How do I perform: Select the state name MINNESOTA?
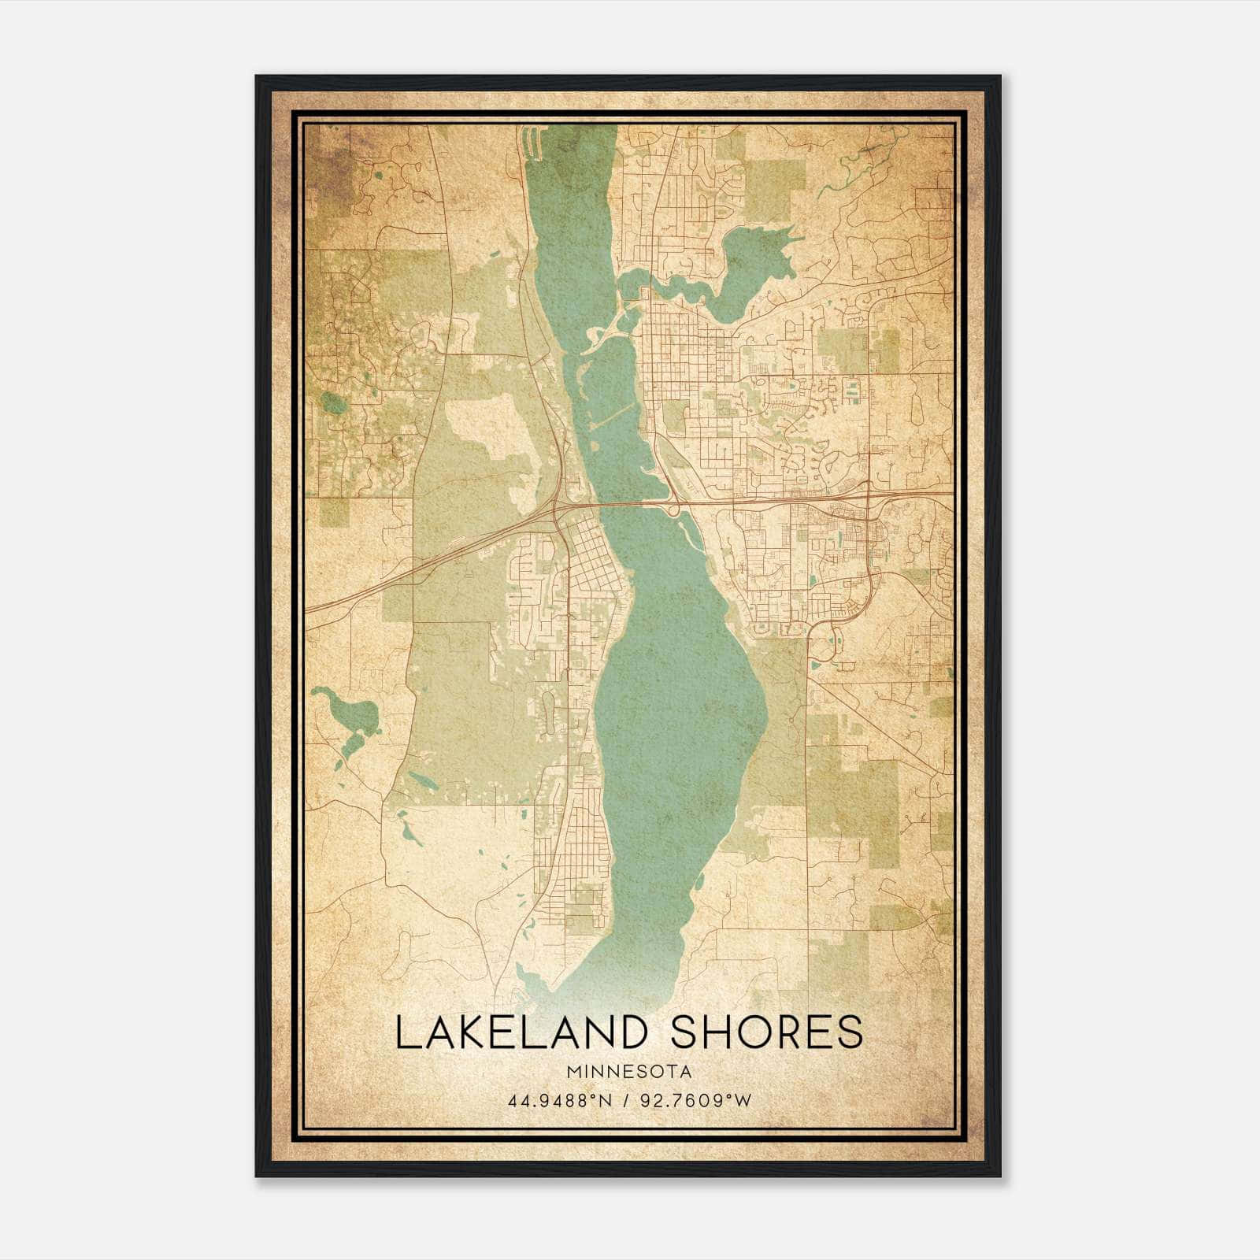(x=628, y=1072)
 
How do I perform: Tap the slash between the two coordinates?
(x=627, y=1100)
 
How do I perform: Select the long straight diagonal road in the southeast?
(x=874, y=724)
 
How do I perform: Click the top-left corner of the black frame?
(x=258, y=77)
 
